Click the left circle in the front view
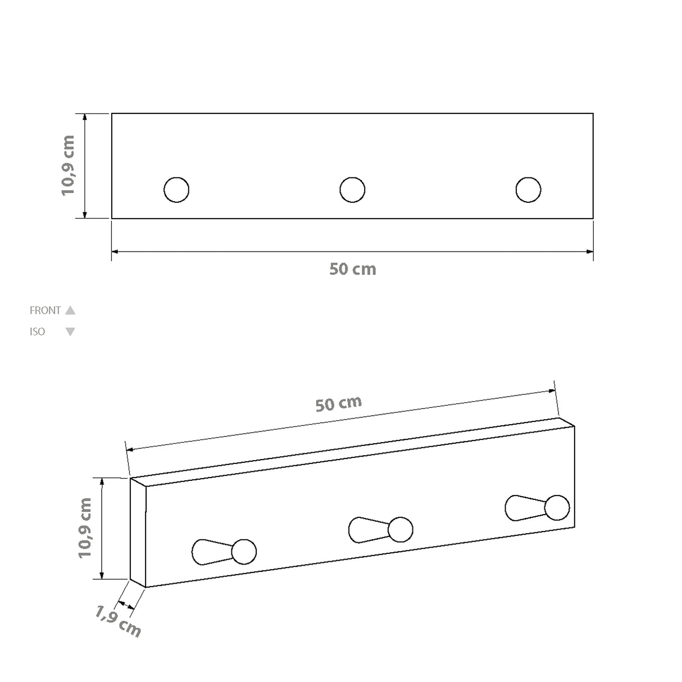[176, 189]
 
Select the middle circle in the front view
[352, 189]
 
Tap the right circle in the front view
[528, 189]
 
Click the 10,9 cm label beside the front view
[68, 165]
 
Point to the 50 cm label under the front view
[352, 269]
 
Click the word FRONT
[45, 310]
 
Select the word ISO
[37, 331]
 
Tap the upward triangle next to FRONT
[70, 310]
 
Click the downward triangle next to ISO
[70, 331]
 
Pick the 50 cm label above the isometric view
[338, 403]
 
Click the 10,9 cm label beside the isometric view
[85, 528]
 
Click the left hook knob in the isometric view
[244, 552]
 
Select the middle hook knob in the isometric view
[401, 529]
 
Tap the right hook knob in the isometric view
[557, 507]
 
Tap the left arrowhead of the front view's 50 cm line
[115, 252]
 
